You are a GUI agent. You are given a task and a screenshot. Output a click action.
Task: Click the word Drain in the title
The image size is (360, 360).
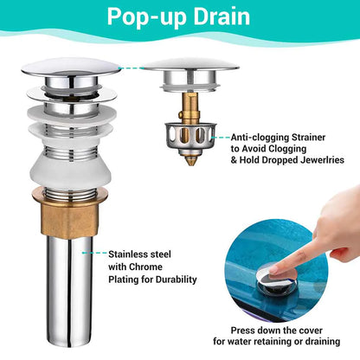coord(222,16)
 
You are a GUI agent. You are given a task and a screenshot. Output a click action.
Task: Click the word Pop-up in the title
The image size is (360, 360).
coord(146,17)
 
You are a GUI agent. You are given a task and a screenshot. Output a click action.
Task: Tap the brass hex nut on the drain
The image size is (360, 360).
coord(69,213)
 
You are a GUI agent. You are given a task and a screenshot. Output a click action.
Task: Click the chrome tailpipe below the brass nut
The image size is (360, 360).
coord(70,292)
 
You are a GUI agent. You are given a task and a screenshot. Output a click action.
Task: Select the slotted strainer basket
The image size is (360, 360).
coord(190,137)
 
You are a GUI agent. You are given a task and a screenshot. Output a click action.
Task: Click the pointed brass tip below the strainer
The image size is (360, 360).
coord(190,159)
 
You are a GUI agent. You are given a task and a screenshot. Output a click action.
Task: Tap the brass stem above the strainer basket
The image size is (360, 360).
coord(190,107)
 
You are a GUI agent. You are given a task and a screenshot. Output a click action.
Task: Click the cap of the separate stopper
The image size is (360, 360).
coord(191,65)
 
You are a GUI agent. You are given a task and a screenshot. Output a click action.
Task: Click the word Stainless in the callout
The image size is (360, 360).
coord(128,254)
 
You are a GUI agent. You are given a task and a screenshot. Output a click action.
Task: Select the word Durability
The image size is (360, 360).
coord(177,280)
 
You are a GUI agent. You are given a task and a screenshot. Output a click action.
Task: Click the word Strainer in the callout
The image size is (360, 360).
coord(308,138)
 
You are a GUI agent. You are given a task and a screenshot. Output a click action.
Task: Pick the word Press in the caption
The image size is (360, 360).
coord(242,330)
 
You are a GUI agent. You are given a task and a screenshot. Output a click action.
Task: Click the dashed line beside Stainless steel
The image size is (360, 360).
coord(94,253)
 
